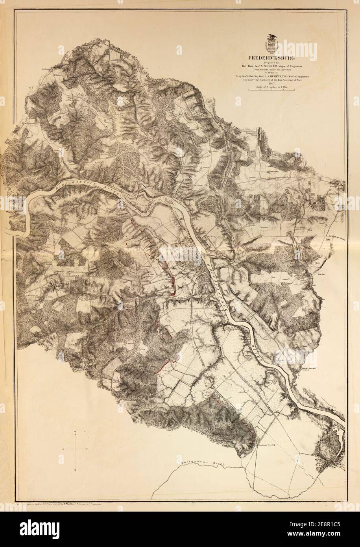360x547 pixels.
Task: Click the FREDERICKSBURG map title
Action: click(271, 57)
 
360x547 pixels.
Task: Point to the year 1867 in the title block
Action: click(271, 83)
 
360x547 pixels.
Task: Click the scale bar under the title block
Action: click(271, 91)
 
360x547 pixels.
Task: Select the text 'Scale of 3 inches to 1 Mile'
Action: click(271, 87)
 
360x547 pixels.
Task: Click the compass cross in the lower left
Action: click(75, 449)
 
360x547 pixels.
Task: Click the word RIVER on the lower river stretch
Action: click(257, 346)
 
